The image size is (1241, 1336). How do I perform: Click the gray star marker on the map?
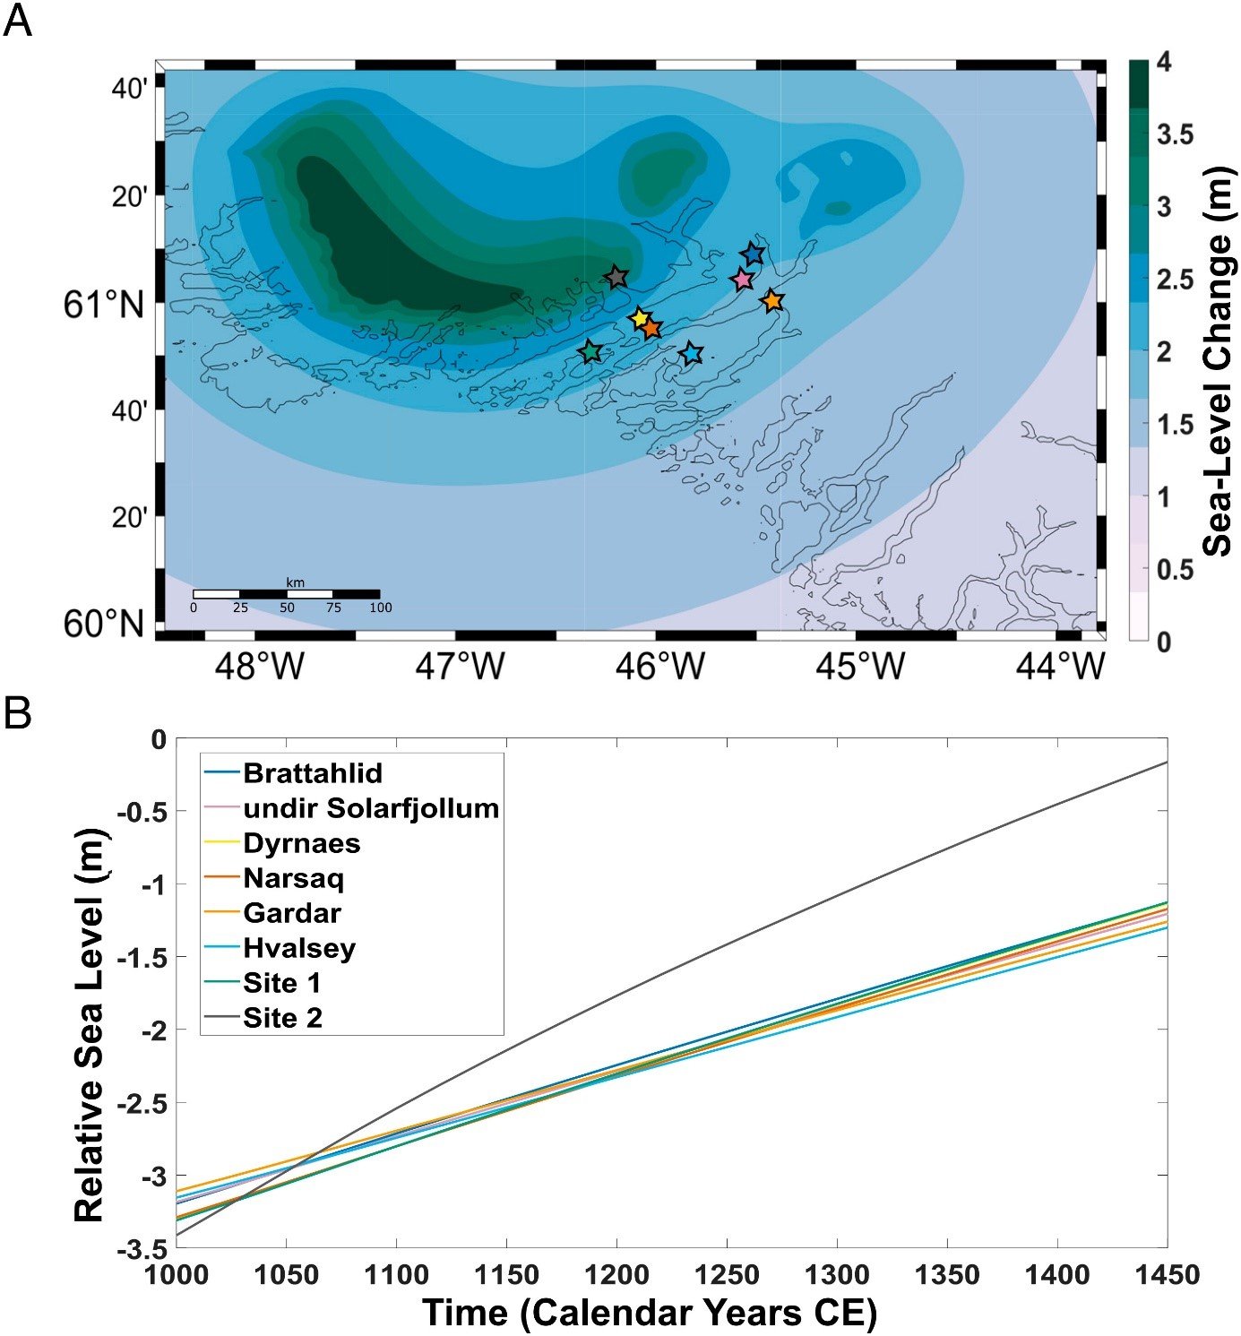(616, 277)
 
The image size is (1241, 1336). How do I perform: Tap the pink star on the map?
(742, 280)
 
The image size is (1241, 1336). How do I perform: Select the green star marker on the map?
(590, 352)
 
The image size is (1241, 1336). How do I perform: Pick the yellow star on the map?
(640, 318)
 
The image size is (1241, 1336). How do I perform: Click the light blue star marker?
(691, 353)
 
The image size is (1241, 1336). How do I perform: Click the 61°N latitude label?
(103, 306)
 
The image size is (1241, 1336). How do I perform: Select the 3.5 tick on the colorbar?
(1175, 135)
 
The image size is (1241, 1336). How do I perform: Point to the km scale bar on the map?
(287, 594)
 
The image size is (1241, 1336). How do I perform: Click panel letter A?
(17, 20)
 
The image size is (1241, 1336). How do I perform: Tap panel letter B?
(17, 714)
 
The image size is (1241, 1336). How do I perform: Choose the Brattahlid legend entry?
(312, 772)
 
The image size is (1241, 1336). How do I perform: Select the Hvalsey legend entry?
(298, 948)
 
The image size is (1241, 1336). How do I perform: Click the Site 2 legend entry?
(282, 1018)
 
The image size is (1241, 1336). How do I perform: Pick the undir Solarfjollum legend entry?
(370, 808)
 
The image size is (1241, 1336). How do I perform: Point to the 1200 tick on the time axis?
(616, 1275)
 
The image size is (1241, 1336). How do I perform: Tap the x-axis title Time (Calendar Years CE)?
(649, 1313)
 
